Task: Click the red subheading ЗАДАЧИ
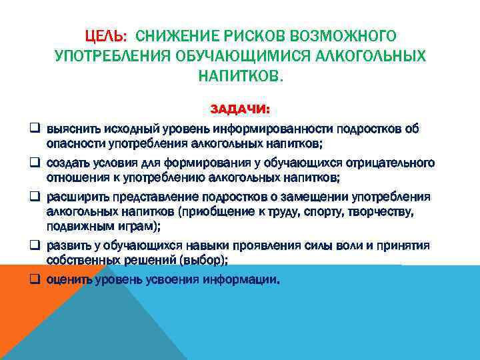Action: pyautogui.click(x=240, y=109)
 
